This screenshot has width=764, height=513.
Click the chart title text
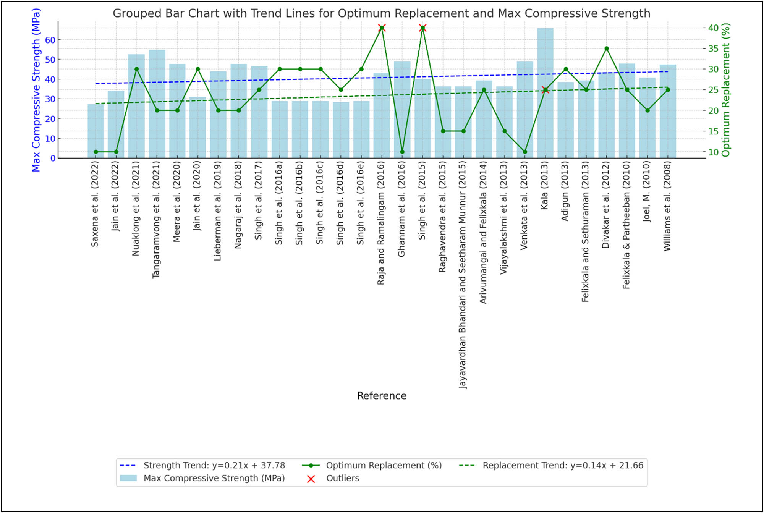coord(381,13)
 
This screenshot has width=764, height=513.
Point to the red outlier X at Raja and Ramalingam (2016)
coord(382,28)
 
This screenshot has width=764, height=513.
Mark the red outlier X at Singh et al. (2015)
coord(422,28)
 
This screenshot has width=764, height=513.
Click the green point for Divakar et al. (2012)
coord(607,49)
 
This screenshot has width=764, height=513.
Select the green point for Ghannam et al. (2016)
coord(402,152)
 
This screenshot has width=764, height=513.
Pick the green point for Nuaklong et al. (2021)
coord(137,69)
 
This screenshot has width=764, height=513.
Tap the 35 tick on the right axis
coord(713,49)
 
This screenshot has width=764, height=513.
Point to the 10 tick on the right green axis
coord(713,152)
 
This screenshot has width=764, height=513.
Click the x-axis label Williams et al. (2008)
coord(667,206)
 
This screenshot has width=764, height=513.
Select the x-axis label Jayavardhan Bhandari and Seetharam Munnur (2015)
coord(463,275)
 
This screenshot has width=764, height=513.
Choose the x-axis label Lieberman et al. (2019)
coord(218,211)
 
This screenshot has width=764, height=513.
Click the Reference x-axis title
coord(382,396)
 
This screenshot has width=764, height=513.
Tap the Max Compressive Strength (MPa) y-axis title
coord(36,90)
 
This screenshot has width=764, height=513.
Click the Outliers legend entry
coord(342,478)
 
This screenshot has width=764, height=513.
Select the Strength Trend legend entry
coord(214,465)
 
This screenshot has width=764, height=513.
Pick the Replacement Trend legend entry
coord(563,465)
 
